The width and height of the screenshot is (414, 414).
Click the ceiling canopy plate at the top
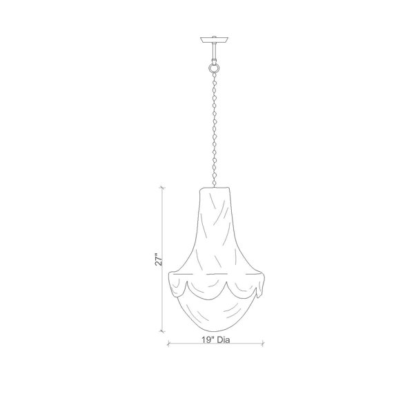point(215,40)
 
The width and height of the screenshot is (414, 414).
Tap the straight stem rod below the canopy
point(215,52)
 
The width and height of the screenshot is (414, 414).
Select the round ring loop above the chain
point(214,68)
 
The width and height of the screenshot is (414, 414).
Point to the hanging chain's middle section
point(215,130)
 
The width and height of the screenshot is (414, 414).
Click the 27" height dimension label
point(159,259)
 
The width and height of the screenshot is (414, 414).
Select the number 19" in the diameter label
point(208,339)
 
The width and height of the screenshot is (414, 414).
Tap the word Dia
point(224,339)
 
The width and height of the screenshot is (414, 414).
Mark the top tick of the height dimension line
point(162,188)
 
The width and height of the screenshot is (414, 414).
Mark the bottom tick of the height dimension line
point(162,331)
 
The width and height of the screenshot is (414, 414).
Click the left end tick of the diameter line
point(169,344)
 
